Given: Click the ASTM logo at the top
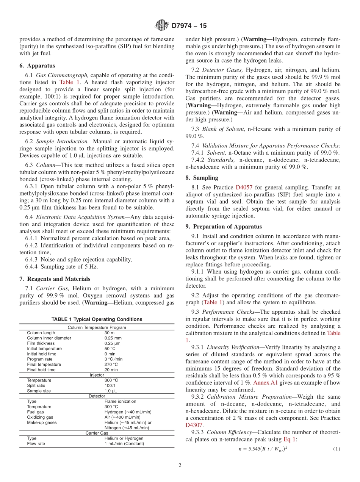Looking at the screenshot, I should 162,26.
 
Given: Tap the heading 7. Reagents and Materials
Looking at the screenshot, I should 55,279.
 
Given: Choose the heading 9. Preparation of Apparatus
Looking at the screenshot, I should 224,227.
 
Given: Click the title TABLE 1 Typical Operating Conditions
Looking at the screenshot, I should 97,319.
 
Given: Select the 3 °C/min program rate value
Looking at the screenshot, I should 113,359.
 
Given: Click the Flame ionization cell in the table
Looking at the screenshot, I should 120,401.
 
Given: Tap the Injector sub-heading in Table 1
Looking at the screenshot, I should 97,375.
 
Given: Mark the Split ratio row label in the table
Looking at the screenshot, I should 36,385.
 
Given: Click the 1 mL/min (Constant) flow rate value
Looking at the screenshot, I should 124,444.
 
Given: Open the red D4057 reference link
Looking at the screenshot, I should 243,187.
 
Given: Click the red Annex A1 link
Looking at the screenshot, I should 265,383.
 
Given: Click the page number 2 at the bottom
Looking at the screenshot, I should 180,466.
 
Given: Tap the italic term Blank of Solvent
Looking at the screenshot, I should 224,129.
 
